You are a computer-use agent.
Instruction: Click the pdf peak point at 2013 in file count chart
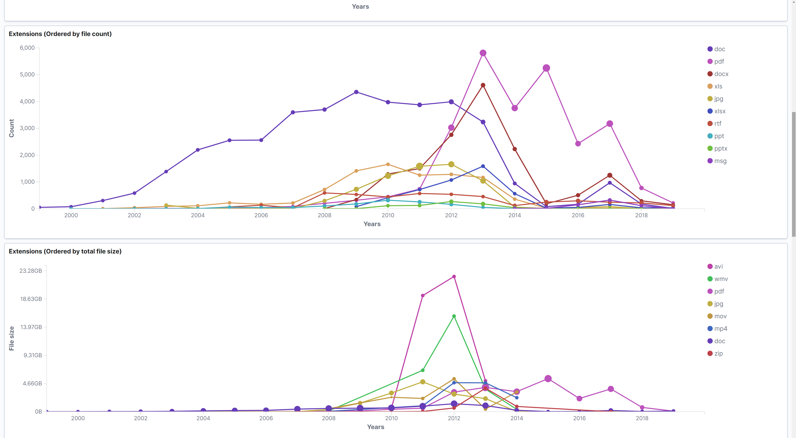(483, 53)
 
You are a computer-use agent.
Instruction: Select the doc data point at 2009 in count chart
(356, 92)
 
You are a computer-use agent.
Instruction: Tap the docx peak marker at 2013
(483, 85)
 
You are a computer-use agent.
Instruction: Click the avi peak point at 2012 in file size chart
(454, 276)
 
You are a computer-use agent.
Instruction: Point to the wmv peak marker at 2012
(454, 316)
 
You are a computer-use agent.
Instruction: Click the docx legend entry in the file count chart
(721, 74)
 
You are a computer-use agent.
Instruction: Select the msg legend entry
(720, 161)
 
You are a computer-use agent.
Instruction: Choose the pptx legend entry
(721, 148)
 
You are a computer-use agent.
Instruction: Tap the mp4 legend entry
(720, 328)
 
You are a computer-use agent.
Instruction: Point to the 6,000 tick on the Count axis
(27, 48)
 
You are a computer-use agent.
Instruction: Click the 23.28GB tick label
(31, 271)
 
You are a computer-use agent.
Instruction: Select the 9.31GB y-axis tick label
(33, 355)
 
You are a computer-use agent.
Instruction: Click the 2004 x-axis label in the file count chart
(198, 215)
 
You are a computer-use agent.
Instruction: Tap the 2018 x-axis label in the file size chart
(642, 418)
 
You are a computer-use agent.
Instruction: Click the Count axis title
(11, 128)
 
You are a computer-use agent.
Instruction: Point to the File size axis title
(11, 338)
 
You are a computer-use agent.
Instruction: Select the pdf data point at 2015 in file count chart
(546, 68)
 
